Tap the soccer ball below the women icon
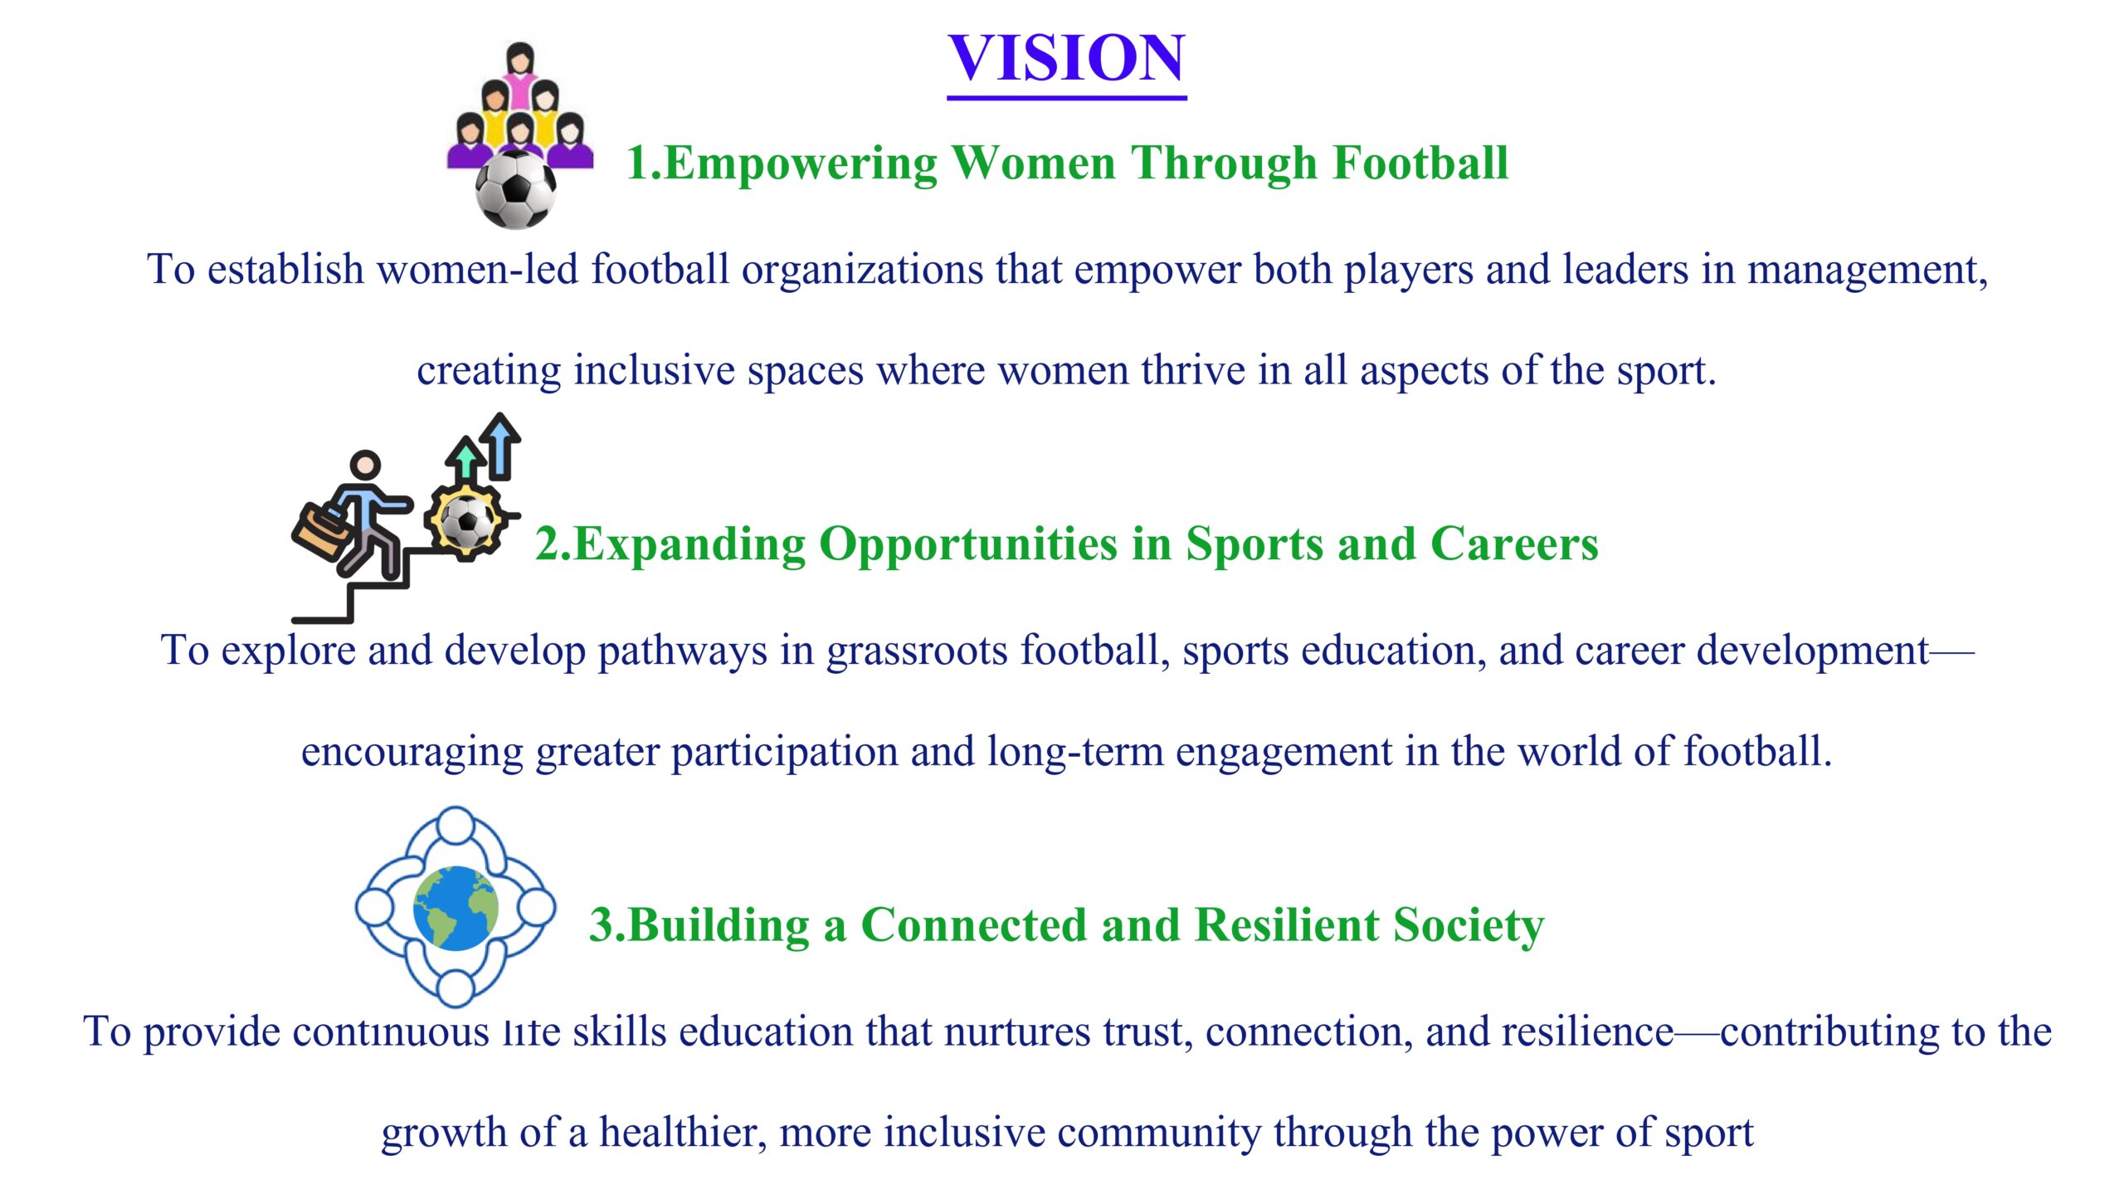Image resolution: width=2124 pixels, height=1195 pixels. [x=516, y=189]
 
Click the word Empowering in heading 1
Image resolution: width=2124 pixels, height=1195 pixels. [x=801, y=163]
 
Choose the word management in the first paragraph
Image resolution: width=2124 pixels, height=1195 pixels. [x=1867, y=271]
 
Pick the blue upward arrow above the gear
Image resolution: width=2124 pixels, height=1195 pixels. [x=500, y=446]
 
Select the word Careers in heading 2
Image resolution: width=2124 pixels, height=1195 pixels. [x=1514, y=544]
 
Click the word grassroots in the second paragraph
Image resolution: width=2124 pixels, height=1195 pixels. [x=918, y=651]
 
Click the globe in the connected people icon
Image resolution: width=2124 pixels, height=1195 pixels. [x=455, y=908]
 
